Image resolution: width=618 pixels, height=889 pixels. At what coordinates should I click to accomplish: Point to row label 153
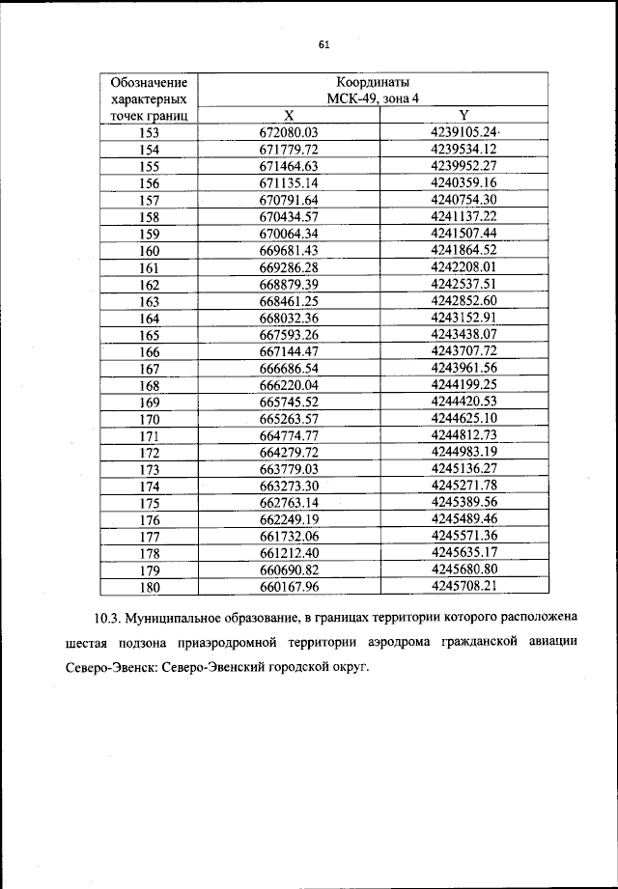point(149,132)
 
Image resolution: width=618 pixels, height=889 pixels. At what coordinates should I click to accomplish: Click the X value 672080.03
point(289,132)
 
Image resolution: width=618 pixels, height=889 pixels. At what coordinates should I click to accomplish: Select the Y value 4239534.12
point(463,149)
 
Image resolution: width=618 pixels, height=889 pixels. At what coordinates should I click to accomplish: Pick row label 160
point(149,250)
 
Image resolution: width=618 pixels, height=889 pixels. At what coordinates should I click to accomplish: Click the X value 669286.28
point(289,266)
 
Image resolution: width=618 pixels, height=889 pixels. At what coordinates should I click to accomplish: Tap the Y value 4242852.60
point(463,300)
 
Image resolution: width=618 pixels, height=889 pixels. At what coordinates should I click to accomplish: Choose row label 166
point(149,351)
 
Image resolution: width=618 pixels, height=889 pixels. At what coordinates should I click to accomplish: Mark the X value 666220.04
point(289,384)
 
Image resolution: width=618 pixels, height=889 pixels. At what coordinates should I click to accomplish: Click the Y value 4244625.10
point(463,418)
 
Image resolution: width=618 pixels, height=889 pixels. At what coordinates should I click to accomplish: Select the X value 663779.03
point(289,468)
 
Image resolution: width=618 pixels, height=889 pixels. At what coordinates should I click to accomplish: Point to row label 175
point(149,502)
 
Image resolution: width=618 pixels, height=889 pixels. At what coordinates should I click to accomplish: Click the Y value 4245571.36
point(463,536)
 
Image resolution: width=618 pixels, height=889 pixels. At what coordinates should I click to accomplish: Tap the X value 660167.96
point(289,586)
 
